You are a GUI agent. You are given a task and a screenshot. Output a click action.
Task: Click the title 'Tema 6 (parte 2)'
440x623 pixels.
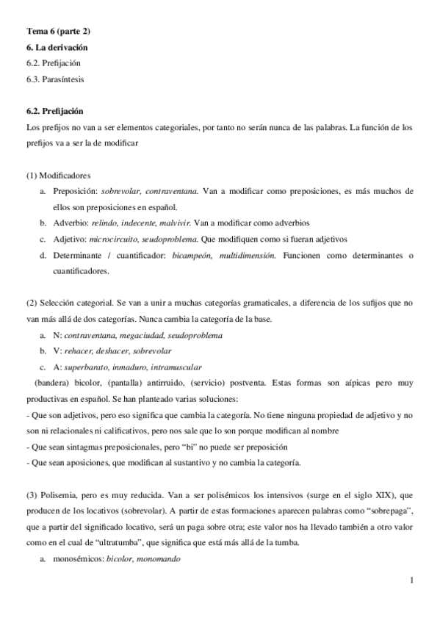[58, 30]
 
